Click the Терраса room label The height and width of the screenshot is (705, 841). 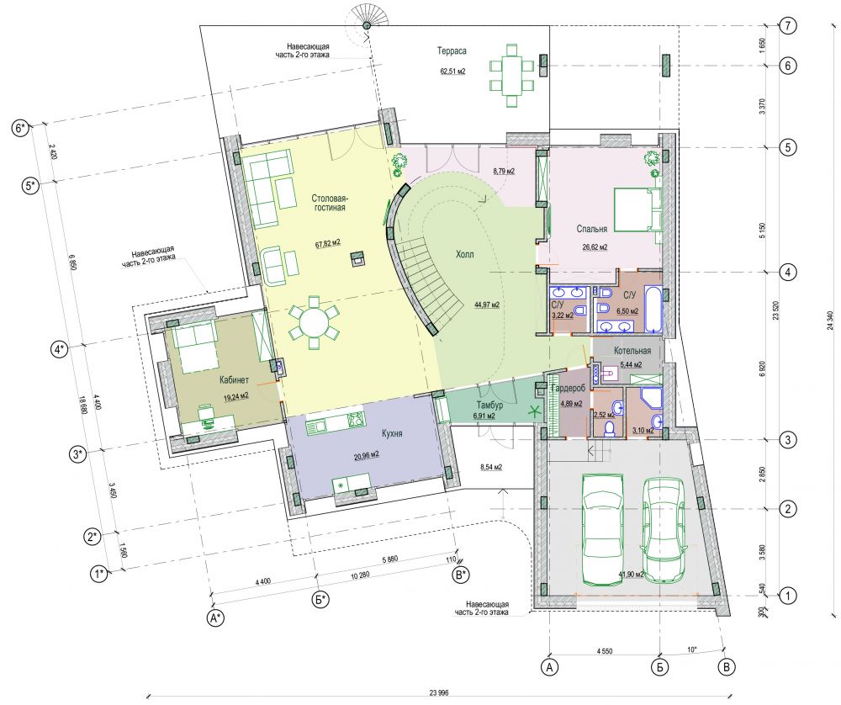[452, 51]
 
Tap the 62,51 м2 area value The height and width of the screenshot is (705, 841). [452, 72]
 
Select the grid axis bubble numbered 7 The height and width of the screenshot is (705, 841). [787, 25]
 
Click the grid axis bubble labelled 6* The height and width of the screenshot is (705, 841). [21, 129]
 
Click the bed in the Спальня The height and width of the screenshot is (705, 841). [637, 209]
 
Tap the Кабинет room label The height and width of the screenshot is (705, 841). [234, 380]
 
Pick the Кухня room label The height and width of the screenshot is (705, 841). [392, 433]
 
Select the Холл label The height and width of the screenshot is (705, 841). [464, 254]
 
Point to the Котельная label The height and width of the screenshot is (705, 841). [632, 351]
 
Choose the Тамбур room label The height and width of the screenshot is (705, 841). [489, 406]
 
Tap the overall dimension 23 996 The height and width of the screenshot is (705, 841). [439, 692]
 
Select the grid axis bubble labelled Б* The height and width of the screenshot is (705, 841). [320, 600]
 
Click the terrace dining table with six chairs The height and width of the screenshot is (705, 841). [511, 76]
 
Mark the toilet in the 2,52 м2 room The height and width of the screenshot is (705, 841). [609, 428]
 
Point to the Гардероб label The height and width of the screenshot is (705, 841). [568, 389]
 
